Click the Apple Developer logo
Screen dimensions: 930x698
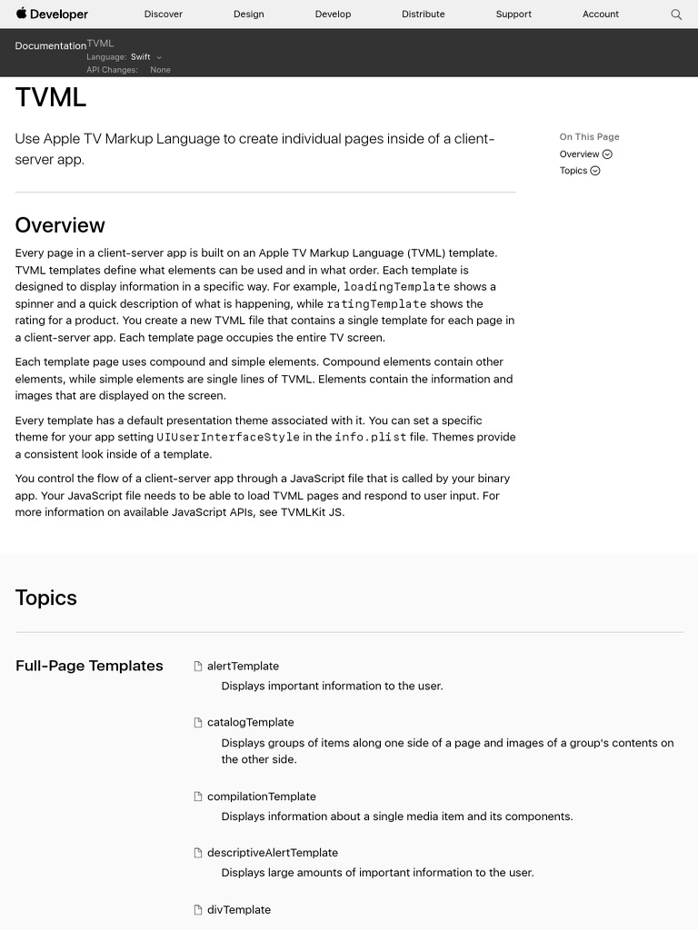(x=52, y=15)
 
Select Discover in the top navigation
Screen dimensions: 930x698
(x=164, y=15)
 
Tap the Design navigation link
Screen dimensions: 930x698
(x=248, y=15)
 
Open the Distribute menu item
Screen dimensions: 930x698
(x=424, y=15)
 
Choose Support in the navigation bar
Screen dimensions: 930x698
(x=514, y=15)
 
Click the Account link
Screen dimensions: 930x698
(x=601, y=15)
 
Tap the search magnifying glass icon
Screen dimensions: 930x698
(x=676, y=15)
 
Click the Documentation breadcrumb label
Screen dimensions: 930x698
(x=51, y=46)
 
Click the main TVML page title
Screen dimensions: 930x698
(x=51, y=98)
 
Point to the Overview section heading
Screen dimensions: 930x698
(x=60, y=225)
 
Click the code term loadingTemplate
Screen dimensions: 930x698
(x=396, y=287)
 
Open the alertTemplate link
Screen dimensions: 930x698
(x=243, y=667)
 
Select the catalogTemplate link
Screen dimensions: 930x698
(x=250, y=723)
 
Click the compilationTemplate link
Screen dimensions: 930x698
(x=261, y=796)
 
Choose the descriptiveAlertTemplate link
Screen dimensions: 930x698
(x=272, y=853)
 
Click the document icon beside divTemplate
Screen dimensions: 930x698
(x=198, y=910)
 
